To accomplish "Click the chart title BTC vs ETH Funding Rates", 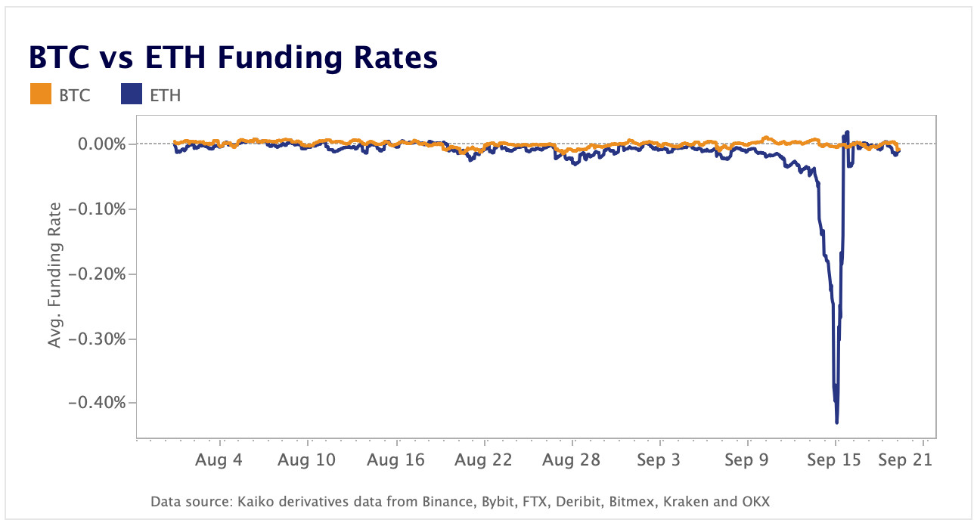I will click(x=233, y=58).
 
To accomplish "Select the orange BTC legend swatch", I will click(x=39, y=95).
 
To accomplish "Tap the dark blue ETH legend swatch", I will click(x=132, y=95).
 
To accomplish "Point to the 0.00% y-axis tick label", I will click(x=102, y=144).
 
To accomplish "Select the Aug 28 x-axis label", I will click(x=572, y=460).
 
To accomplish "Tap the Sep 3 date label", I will click(x=659, y=460).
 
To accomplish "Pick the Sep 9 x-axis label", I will click(x=747, y=460).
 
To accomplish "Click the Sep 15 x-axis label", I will click(x=834, y=460).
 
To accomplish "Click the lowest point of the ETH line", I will click(x=836, y=422).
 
